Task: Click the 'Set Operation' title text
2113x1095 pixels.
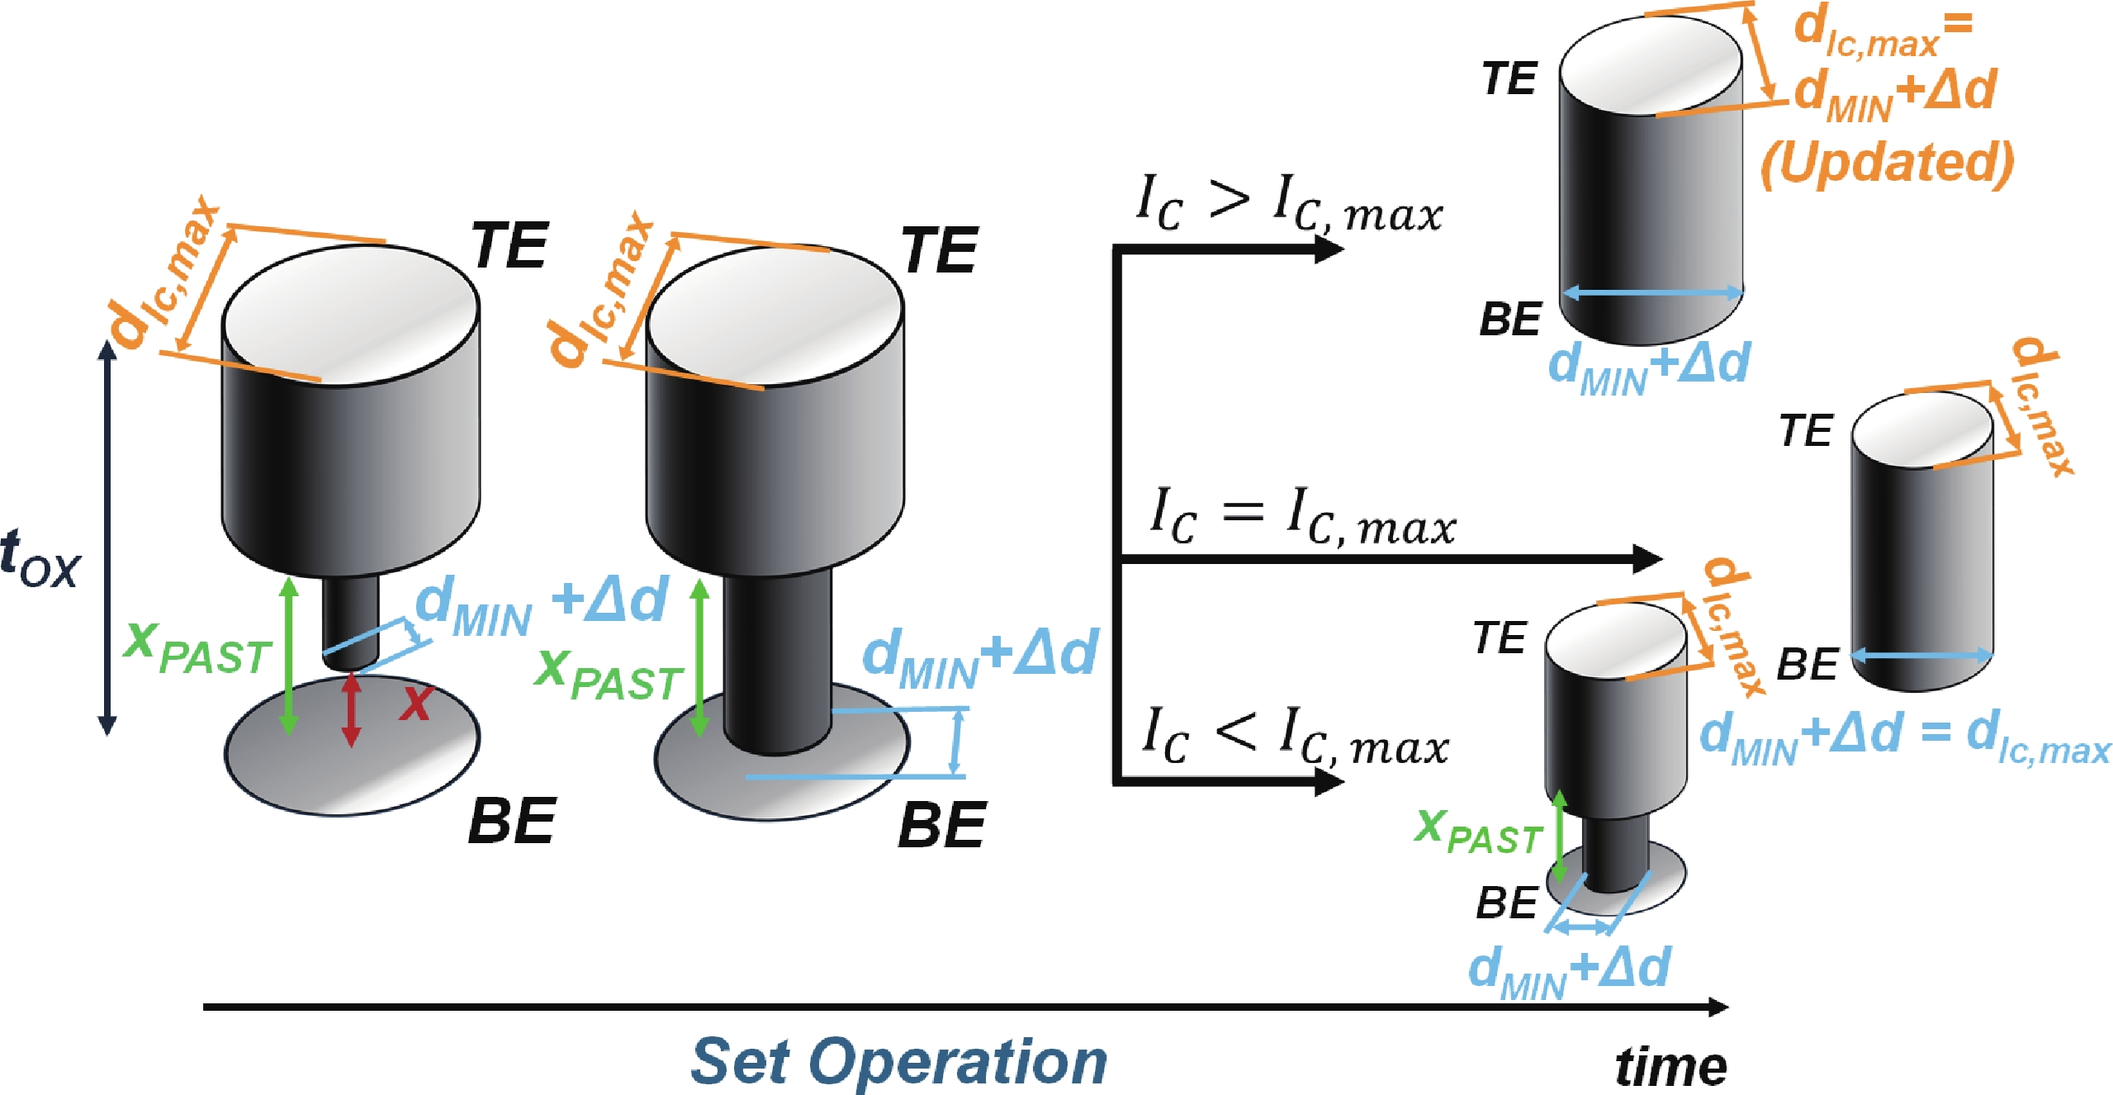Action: pos(898,1062)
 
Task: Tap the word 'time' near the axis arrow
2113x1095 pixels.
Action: pos(1670,1066)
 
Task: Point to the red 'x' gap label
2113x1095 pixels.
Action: pos(416,704)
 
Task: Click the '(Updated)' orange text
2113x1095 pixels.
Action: pos(1887,164)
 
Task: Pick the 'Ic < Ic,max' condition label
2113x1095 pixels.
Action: pos(1294,737)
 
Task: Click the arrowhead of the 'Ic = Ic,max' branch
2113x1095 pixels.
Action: pos(1647,559)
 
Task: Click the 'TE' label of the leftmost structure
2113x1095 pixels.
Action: pos(510,246)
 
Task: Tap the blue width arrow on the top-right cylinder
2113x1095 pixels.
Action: pos(1652,292)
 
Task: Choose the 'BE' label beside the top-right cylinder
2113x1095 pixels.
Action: pos(1510,320)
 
